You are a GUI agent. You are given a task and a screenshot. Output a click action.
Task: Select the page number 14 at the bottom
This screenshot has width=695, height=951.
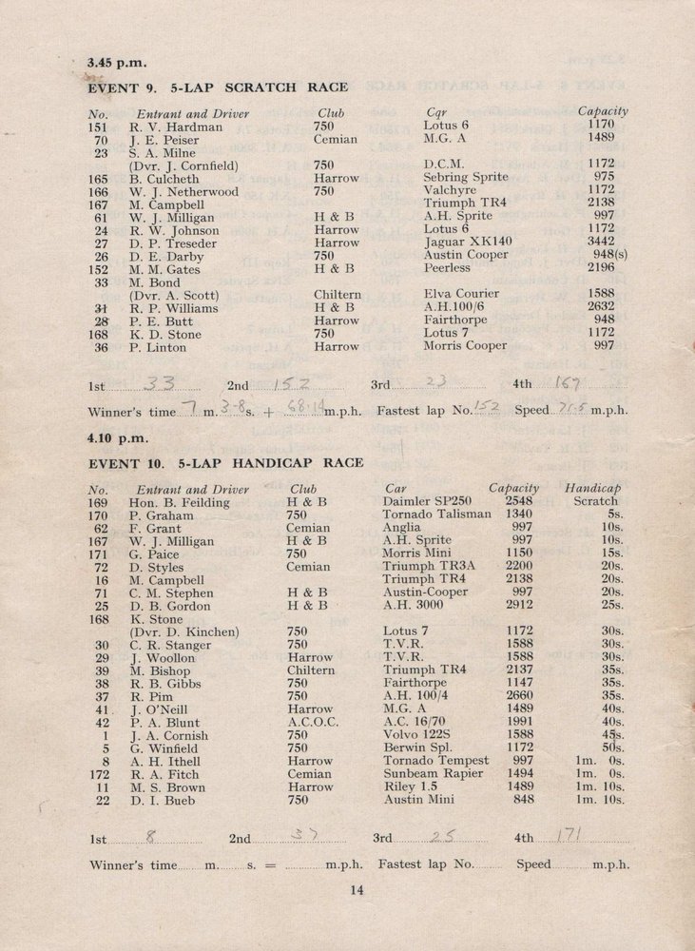tap(357, 890)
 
